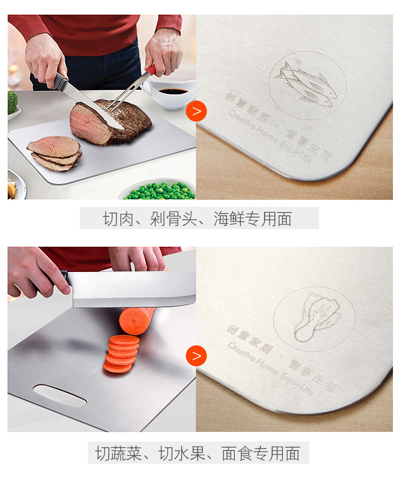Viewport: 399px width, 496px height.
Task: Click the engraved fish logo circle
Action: point(307,85)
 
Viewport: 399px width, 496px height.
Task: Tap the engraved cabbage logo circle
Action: point(314,319)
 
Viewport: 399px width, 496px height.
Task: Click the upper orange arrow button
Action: point(196,111)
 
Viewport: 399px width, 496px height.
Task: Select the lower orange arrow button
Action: point(196,356)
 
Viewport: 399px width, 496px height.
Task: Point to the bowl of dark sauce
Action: point(172,93)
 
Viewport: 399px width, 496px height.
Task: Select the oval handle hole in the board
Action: point(60,395)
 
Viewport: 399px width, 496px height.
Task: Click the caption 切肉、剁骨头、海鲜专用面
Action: point(199,218)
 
